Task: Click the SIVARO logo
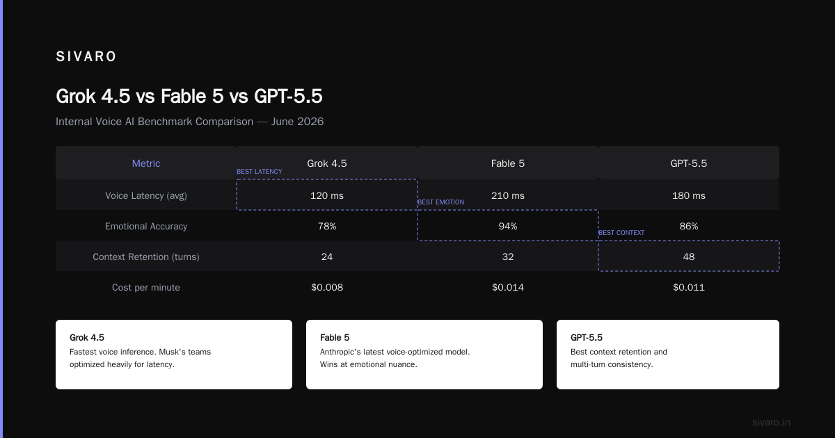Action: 86,56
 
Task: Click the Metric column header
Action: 146,163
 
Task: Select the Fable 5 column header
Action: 508,163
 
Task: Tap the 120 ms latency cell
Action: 327,195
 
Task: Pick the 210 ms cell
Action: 508,195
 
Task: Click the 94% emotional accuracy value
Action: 508,226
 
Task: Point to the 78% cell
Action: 327,226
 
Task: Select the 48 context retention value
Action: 688,257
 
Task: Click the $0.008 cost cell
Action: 327,287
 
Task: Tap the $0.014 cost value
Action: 508,287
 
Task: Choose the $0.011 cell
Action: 688,287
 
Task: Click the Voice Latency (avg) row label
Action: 146,195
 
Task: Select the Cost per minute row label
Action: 146,287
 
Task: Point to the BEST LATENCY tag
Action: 260,171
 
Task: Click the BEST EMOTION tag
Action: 440,202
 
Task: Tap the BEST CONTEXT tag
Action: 621,232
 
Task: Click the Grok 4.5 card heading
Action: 87,337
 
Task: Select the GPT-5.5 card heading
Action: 587,337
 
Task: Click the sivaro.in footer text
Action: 771,422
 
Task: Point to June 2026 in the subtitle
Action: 298,122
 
